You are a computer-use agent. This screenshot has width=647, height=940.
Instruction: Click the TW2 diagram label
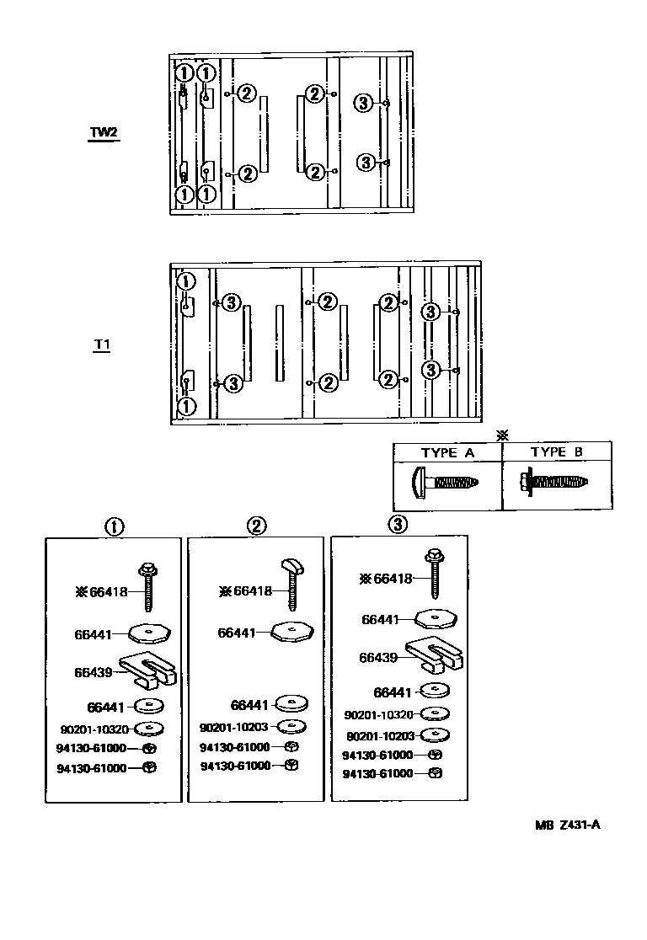[104, 133]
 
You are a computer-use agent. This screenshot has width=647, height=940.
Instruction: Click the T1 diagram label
[102, 344]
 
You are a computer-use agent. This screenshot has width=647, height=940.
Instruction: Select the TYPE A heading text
[447, 452]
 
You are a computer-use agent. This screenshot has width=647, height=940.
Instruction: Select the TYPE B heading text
[557, 452]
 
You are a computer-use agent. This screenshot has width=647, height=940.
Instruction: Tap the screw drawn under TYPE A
[447, 483]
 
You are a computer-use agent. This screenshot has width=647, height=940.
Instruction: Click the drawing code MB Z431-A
[566, 825]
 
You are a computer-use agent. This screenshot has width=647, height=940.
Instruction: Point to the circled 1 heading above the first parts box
[114, 526]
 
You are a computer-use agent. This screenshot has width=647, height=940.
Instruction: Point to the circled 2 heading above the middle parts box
[256, 526]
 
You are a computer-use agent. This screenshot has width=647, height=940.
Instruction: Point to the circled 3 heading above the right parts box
[398, 524]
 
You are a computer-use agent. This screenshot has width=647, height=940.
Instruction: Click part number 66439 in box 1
[93, 671]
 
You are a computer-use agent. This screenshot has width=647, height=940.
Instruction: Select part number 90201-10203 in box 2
[234, 727]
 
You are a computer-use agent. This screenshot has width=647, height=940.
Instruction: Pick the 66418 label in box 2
[253, 590]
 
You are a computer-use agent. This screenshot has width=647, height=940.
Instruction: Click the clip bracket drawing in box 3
[435, 654]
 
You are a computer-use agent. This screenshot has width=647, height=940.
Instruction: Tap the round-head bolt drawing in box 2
[291, 582]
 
